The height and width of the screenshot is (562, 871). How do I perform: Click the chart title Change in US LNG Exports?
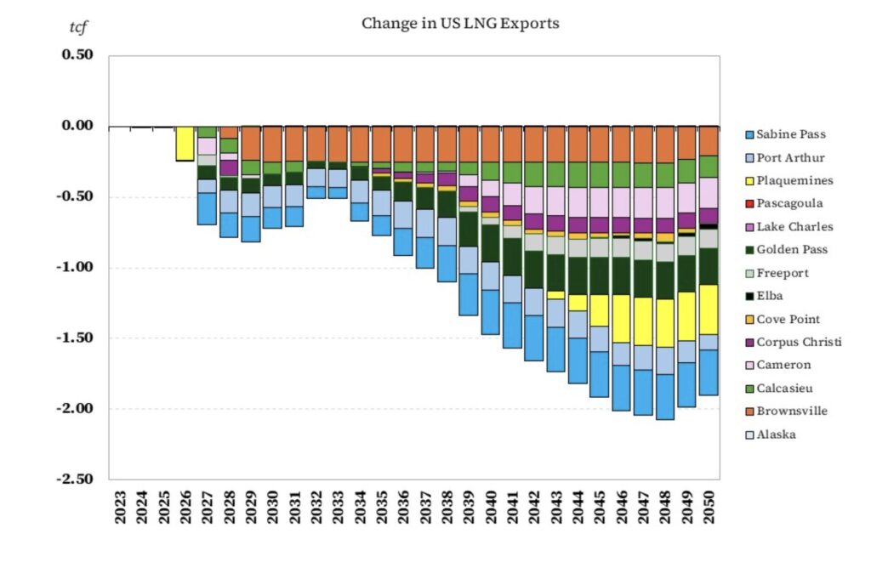coord(460,23)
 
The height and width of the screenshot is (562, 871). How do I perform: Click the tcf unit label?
coord(78,26)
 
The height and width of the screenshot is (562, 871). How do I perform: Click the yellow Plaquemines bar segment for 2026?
coord(185,144)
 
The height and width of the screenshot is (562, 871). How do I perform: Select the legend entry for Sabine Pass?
coord(790,134)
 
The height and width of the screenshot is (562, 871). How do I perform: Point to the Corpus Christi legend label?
coord(799,342)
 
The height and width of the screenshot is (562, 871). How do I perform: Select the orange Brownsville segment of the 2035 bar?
coord(381,144)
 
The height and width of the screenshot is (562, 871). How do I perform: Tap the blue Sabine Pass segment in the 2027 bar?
coord(207,208)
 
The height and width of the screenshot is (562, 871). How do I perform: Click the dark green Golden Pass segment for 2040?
coord(491,243)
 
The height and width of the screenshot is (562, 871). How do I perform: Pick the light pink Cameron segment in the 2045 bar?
coord(600,202)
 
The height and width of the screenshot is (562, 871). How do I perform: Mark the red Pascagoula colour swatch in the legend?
coord(749,204)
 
